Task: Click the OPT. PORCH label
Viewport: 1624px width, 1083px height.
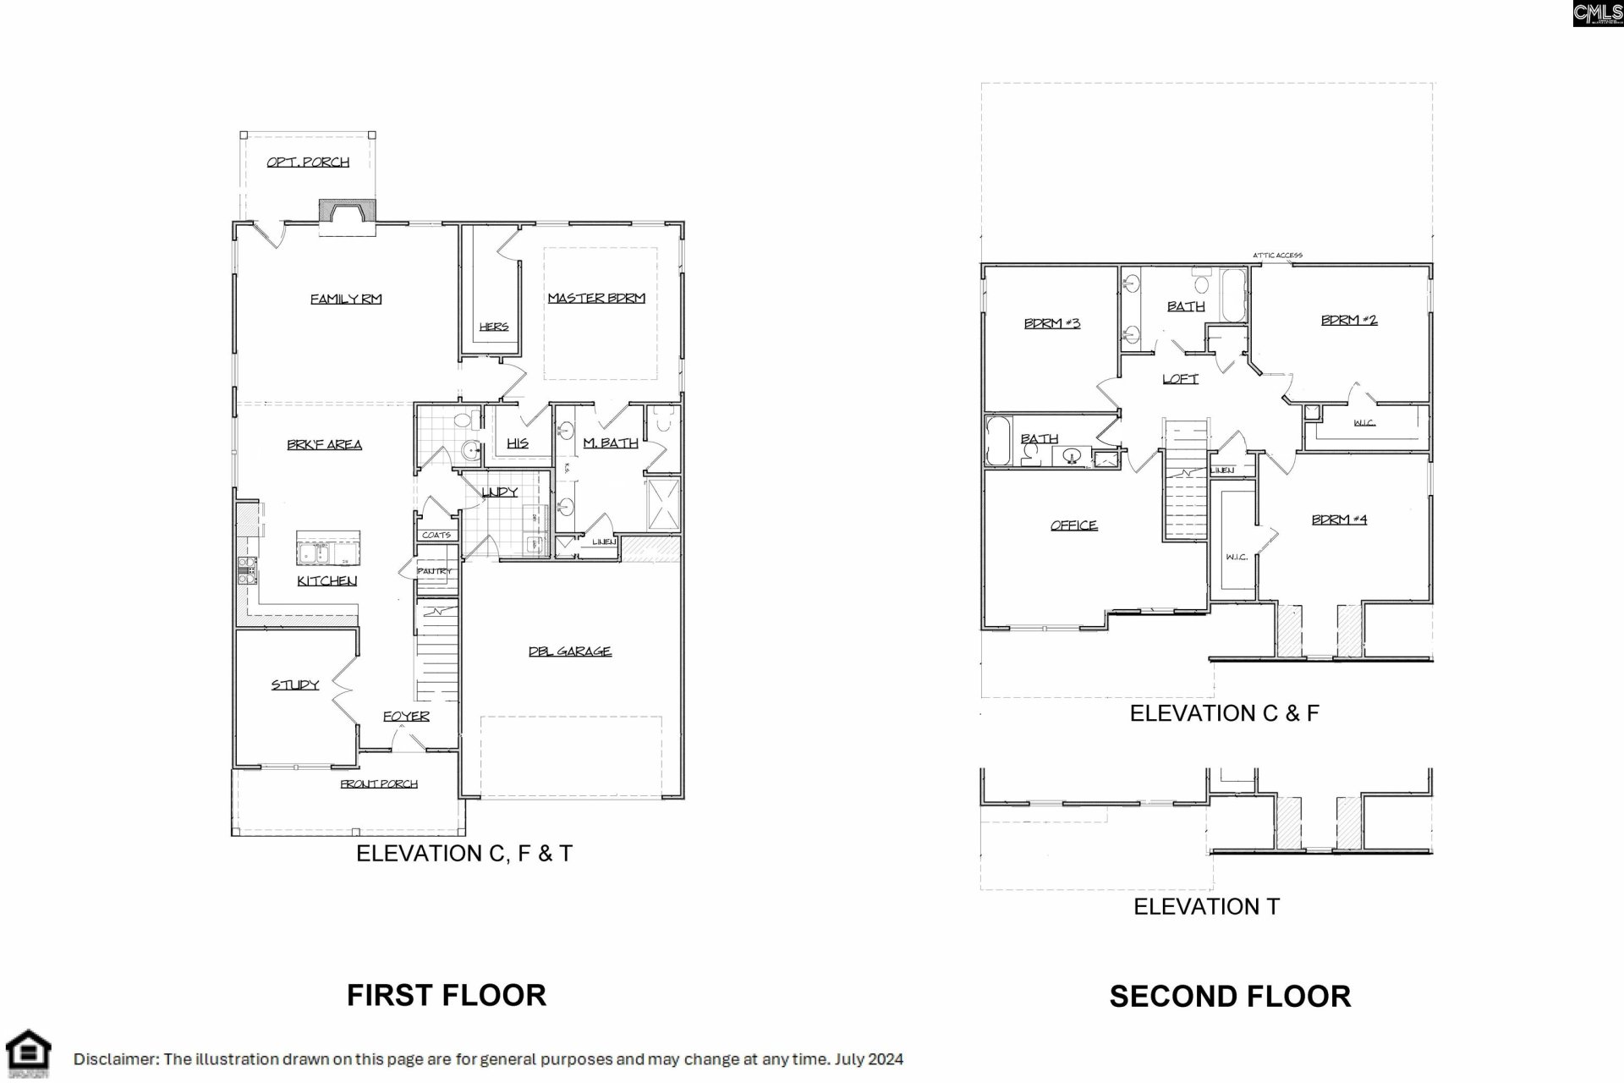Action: click(x=308, y=162)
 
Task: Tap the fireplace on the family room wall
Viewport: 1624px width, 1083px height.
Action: click(x=347, y=216)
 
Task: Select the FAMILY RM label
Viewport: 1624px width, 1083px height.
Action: click(x=345, y=299)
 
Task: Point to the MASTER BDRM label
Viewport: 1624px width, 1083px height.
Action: click(x=596, y=298)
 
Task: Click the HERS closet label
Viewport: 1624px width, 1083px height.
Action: click(x=493, y=327)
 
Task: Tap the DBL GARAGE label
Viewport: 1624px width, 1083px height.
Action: click(x=569, y=651)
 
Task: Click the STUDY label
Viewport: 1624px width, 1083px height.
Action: click(x=295, y=684)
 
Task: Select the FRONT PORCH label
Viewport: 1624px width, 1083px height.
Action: click(x=379, y=784)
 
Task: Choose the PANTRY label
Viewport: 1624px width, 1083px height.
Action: click(x=435, y=571)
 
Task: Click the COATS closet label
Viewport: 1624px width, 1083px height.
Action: click(x=436, y=536)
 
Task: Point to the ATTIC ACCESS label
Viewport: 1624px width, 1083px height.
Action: click(x=1277, y=255)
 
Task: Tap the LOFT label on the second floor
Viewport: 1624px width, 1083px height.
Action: click(x=1180, y=379)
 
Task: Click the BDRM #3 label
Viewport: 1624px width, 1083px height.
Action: click(x=1051, y=323)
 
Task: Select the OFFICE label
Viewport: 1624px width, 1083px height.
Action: click(x=1073, y=525)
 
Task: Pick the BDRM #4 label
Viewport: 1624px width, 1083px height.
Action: click(x=1339, y=520)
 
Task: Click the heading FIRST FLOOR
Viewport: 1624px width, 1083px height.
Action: click(x=446, y=995)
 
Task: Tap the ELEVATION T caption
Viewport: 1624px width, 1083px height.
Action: click(x=1206, y=906)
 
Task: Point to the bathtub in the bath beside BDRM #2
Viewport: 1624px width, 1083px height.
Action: click(x=1233, y=294)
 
